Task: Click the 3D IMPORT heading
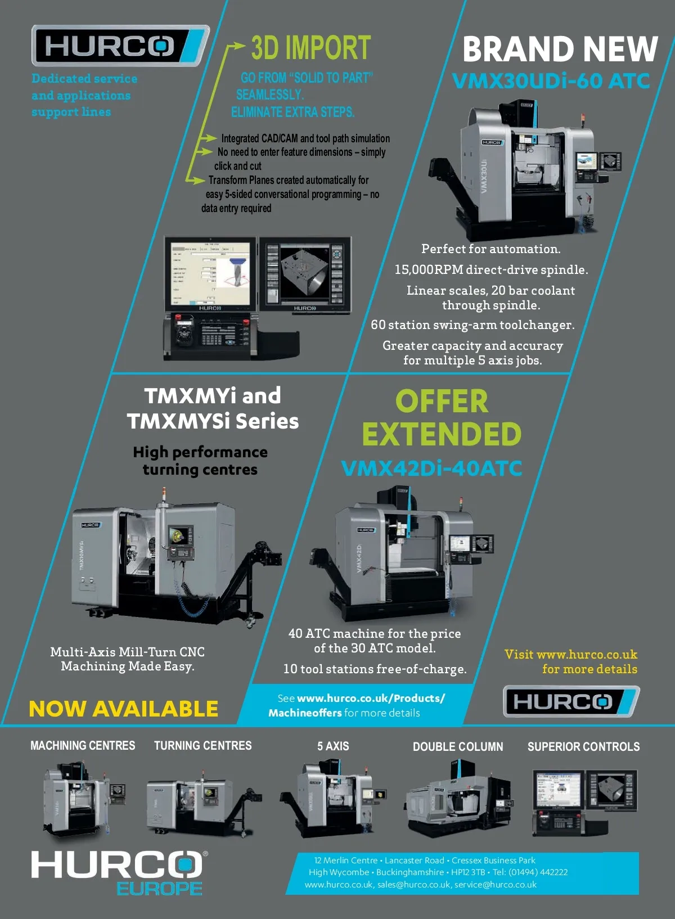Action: [310, 48]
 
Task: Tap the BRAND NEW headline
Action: [560, 49]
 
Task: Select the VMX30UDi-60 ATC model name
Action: [551, 81]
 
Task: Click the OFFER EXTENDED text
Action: [442, 417]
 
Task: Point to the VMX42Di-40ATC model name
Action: [431, 468]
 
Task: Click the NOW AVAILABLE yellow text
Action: [123, 709]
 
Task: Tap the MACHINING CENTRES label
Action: [83, 746]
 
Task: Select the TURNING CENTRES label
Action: [202, 746]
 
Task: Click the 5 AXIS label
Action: [333, 746]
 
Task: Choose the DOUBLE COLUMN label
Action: [458, 747]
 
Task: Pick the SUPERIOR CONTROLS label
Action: [583, 747]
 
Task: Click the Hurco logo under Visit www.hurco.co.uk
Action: [570, 701]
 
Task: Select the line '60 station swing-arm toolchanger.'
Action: [472, 325]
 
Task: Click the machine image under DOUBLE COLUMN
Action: [457, 799]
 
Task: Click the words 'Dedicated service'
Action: [84, 79]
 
